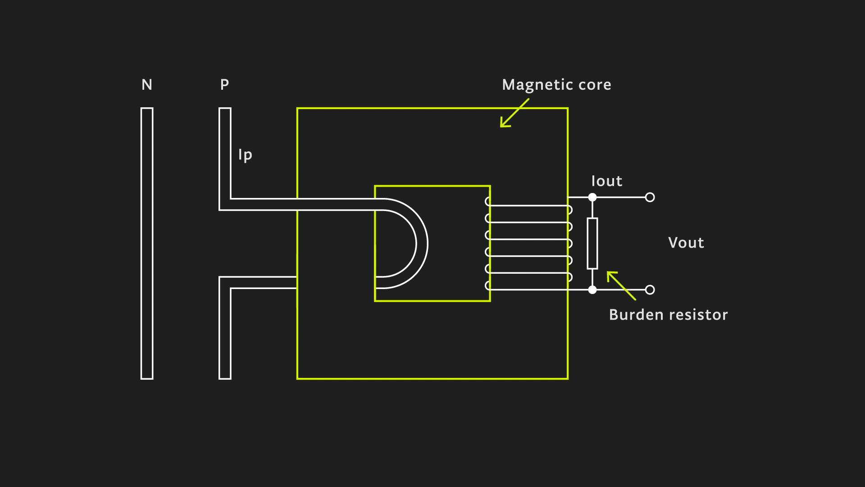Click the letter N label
coord(147,85)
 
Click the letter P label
coord(224,84)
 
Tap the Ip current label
coord(245,155)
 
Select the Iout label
coord(606,181)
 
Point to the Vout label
coord(686,243)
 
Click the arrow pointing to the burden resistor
coord(621,285)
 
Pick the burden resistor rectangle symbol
coord(592,243)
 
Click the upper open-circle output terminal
coord(650,197)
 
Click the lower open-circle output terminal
coord(650,289)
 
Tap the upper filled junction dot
coord(592,197)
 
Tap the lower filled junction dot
coord(592,289)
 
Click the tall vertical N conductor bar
coord(147,243)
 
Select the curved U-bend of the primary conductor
coord(422,243)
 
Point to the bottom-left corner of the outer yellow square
coord(297,378)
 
